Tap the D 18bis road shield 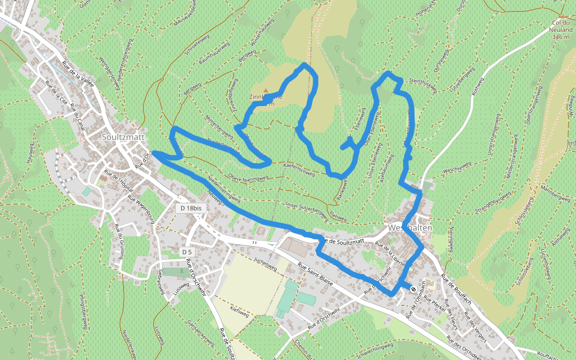[193, 208]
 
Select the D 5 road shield [187, 253]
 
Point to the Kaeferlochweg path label [298, 170]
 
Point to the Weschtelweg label [455, 171]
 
